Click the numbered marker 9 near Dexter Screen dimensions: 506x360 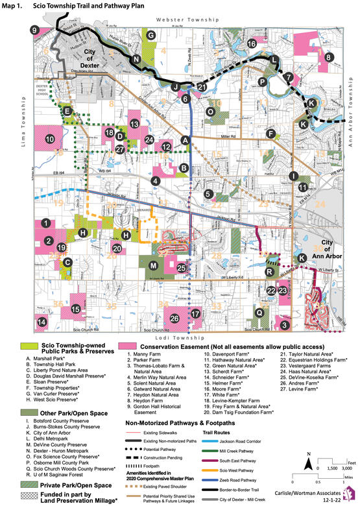click(x=34, y=30)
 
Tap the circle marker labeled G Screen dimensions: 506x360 click(x=150, y=35)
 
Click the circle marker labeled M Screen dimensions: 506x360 click(x=153, y=266)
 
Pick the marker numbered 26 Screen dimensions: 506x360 click(x=174, y=318)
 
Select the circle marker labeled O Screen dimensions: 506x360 click(x=210, y=112)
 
